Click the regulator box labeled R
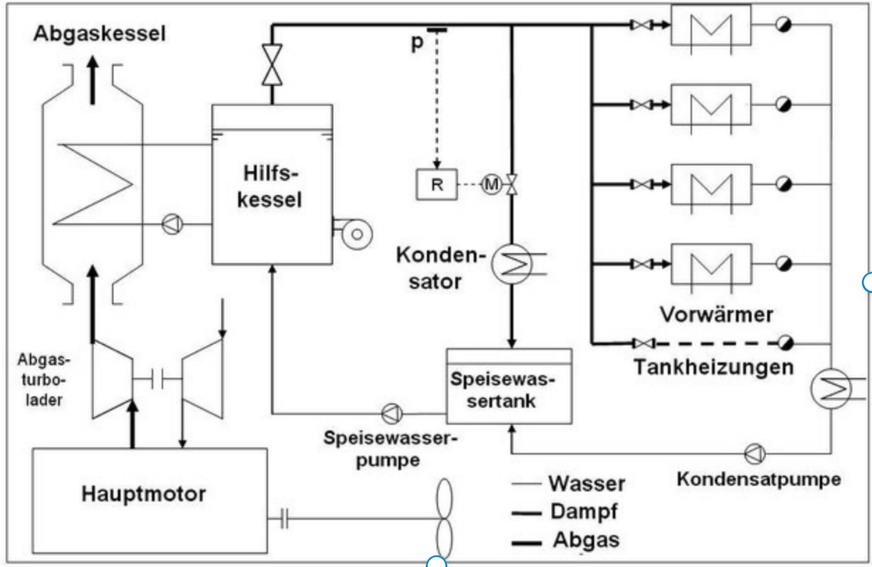click(x=436, y=185)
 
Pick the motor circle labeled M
click(x=491, y=185)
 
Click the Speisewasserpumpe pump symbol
click(x=391, y=414)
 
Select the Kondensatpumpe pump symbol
click(x=754, y=452)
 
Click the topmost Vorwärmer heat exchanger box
click(x=711, y=26)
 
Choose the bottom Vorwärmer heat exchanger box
click(x=711, y=265)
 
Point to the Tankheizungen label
click(x=714, y=368)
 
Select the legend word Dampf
click(x=582, y=511)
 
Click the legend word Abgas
click(x=586, y=540)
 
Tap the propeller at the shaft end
click(x=445, y=517)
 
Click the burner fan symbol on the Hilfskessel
click(x=352, y=232)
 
